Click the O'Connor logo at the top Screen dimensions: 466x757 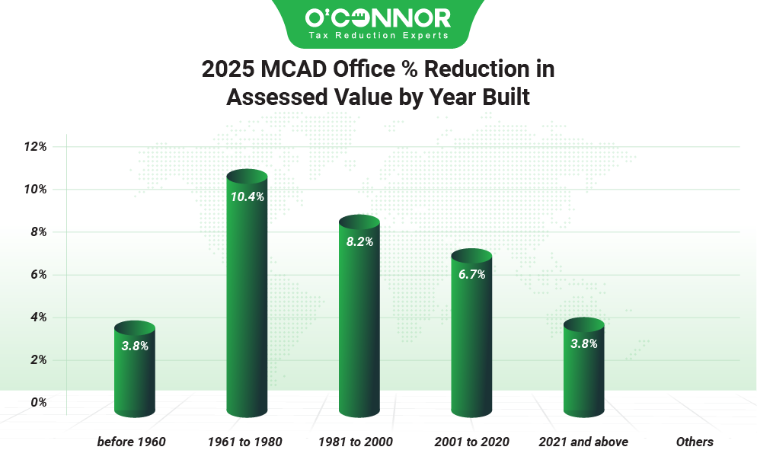point(378,18)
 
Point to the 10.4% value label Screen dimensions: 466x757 point(247,196)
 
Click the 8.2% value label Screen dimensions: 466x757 point(359,241)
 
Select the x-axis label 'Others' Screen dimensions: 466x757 point(695,442)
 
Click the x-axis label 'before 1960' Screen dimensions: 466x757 point(131,442)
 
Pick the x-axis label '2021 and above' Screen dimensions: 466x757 point(583,442)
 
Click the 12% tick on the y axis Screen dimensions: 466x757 point(35,146)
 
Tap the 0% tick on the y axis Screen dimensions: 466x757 point(38,403)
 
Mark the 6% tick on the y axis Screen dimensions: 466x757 point(38,275)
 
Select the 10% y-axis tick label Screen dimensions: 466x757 point(35,189)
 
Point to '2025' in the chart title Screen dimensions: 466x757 point(226,69)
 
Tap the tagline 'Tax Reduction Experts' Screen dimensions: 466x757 point(378,36)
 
